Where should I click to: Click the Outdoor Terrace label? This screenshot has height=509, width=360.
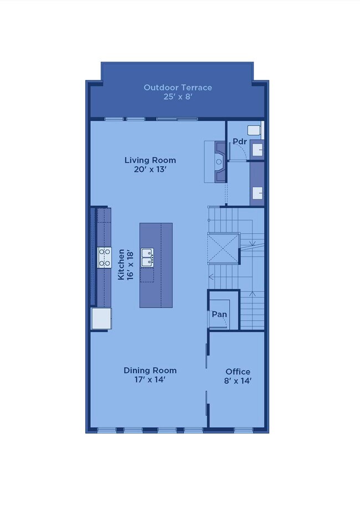coord(178,88)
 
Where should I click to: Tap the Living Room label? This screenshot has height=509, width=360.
coord(150,160)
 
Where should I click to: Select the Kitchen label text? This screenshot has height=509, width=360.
coord(121,264)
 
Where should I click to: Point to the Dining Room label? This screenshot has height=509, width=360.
coord(150,371)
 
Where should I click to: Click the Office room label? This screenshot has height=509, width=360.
coord(238,372)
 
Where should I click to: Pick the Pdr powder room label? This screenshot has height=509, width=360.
coord(240,142)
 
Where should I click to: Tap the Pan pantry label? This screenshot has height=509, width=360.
coord(219,314)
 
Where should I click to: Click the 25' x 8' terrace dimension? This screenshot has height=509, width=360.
coord(178,97)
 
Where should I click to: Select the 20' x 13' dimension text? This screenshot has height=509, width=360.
coord(150,169)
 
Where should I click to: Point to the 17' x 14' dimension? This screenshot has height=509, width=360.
coord(150,379)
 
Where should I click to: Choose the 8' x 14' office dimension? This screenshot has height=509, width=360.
coord(238,381)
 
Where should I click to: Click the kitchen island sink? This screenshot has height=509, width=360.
coord(147,258)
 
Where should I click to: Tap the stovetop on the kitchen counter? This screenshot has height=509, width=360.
coord(105,258)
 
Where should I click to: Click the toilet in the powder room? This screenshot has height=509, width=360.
coord(255,130)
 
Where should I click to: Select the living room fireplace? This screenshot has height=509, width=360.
coord(220,162)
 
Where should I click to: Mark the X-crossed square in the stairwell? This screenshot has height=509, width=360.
coord(224,249)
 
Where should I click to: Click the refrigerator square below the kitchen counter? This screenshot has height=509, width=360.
coord(101,318)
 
